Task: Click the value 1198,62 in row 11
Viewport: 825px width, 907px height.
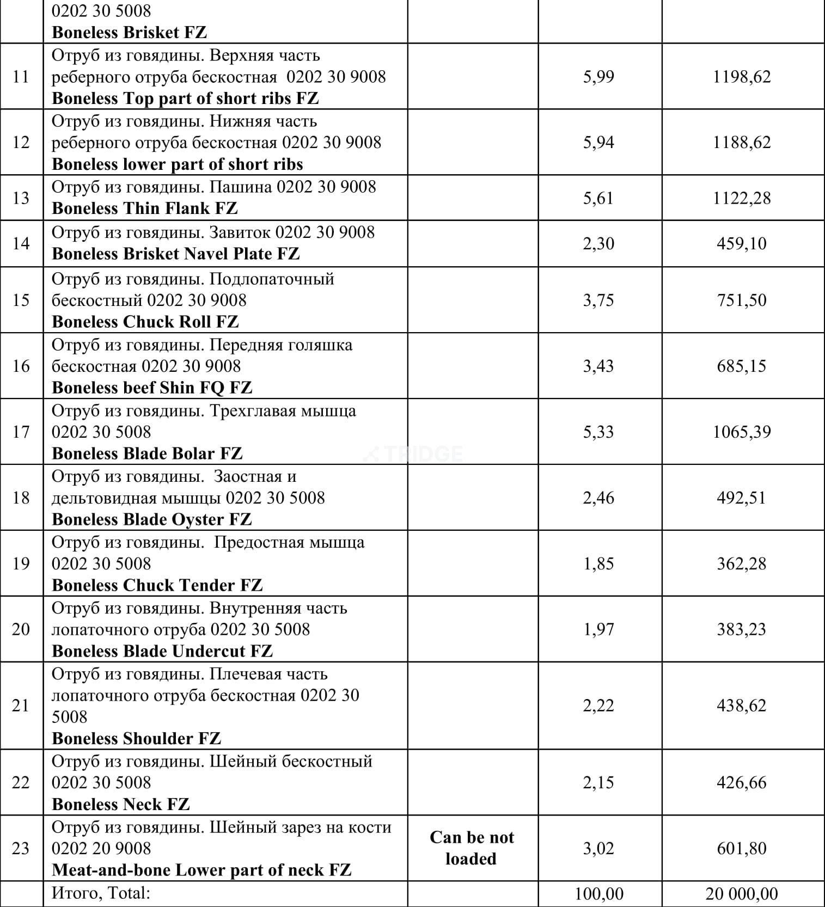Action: (742, 77)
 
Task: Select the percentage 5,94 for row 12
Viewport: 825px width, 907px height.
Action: (598, 143)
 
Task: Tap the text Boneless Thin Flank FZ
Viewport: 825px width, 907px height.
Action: (145, 209)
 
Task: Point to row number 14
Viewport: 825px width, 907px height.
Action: (21, 243)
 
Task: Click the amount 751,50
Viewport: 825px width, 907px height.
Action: (741, 301)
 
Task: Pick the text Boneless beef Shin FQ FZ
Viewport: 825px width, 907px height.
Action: (152, 388)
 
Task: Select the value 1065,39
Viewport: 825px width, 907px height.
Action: (742, 432)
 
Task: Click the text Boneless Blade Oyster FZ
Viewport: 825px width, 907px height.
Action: (152, 519)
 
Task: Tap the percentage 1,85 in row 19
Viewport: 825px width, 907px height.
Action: (598, 564)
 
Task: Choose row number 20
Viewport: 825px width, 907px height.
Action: (21, 629)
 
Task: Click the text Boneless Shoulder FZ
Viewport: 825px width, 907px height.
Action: (136, 739)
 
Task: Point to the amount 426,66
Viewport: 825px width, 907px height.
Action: (741, 783)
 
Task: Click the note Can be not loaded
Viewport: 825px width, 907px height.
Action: (472, 848)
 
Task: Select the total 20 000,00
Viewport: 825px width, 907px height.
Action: (742, 894)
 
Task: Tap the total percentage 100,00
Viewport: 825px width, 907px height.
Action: (598, 894)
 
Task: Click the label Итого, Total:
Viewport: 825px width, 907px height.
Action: (101, 893)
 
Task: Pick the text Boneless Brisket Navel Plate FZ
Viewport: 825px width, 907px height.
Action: (175, 254)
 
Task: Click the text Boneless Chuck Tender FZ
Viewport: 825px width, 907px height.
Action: (157, 585)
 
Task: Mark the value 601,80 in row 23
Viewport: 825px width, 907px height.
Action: (741, 849)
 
